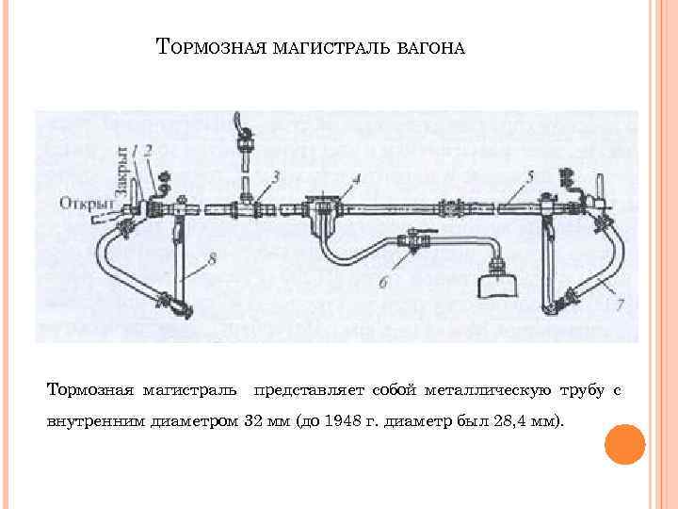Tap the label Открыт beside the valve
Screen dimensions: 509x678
86,202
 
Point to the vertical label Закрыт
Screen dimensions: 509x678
120,171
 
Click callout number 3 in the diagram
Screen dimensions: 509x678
275,175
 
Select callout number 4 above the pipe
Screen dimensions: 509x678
356,178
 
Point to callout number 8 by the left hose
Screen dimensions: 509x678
213,256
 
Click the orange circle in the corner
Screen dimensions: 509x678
623,444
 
